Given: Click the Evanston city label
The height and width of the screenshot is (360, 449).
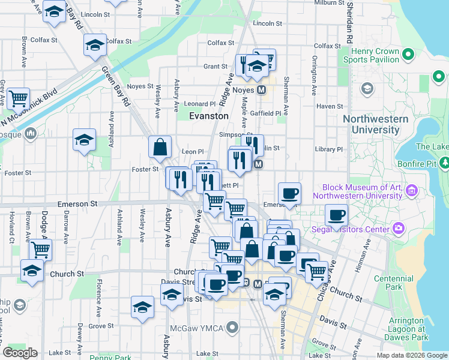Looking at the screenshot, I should pos(209,116).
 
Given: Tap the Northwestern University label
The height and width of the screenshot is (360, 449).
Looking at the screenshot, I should pos(375,124).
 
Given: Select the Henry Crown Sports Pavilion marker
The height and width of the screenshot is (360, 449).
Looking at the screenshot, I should pos(409,55).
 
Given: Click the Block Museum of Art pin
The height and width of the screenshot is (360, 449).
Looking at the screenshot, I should pos(412,191).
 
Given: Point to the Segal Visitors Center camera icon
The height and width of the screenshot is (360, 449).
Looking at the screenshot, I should pos(398,228).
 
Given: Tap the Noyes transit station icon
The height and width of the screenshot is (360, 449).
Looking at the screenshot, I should pos(261,90).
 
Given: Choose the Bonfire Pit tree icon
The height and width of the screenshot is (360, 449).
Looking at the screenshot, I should pos(445,162).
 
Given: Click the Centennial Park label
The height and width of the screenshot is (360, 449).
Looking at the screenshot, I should pos(393,283).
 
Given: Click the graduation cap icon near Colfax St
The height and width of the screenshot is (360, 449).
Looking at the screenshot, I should pos(95,45).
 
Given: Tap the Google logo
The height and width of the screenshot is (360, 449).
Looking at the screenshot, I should pos(20,353).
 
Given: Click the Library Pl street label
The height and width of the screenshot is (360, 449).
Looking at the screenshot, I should pos(330,149).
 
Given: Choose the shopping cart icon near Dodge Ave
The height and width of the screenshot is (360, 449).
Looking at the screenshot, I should pos(40,248).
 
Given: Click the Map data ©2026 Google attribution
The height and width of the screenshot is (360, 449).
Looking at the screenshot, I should pos(412,355).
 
